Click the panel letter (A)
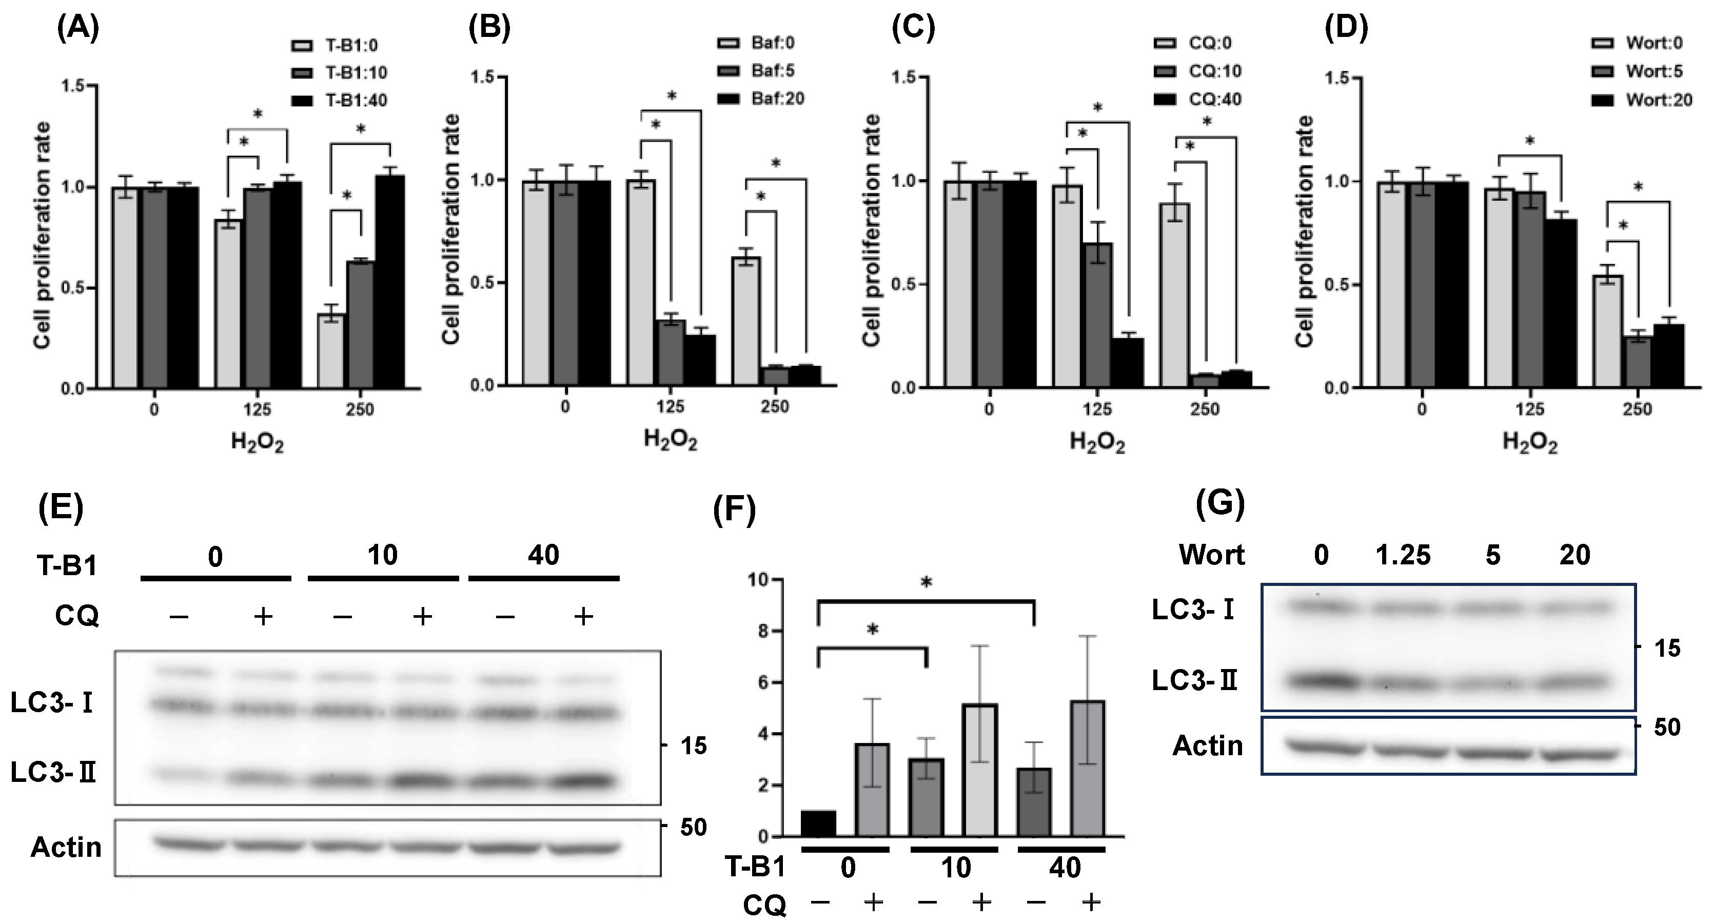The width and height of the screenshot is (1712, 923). (78, 30)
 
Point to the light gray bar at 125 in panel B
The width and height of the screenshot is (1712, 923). (641, 282)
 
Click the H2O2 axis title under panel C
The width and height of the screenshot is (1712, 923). (1097, 442)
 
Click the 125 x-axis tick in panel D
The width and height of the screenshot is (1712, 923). (1530, 409)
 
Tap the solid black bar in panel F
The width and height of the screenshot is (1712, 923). (819, 823)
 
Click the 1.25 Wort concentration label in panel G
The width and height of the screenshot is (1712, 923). (1404, 555)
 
